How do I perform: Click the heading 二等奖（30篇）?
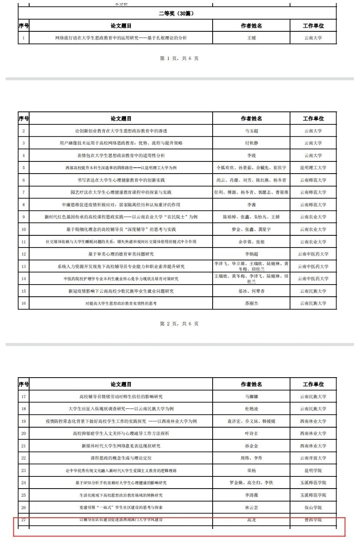coord(177,13)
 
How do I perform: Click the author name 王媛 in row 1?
coord(251,38)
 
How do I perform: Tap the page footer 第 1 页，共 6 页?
coord(179,58)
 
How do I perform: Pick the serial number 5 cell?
coord(23,167)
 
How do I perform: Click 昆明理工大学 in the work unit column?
coord(313,167)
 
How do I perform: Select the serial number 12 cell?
coord(23,254)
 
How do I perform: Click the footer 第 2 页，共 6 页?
coord(179,324)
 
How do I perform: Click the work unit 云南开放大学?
coord(313,459)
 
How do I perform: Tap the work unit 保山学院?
coord(313,508)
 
